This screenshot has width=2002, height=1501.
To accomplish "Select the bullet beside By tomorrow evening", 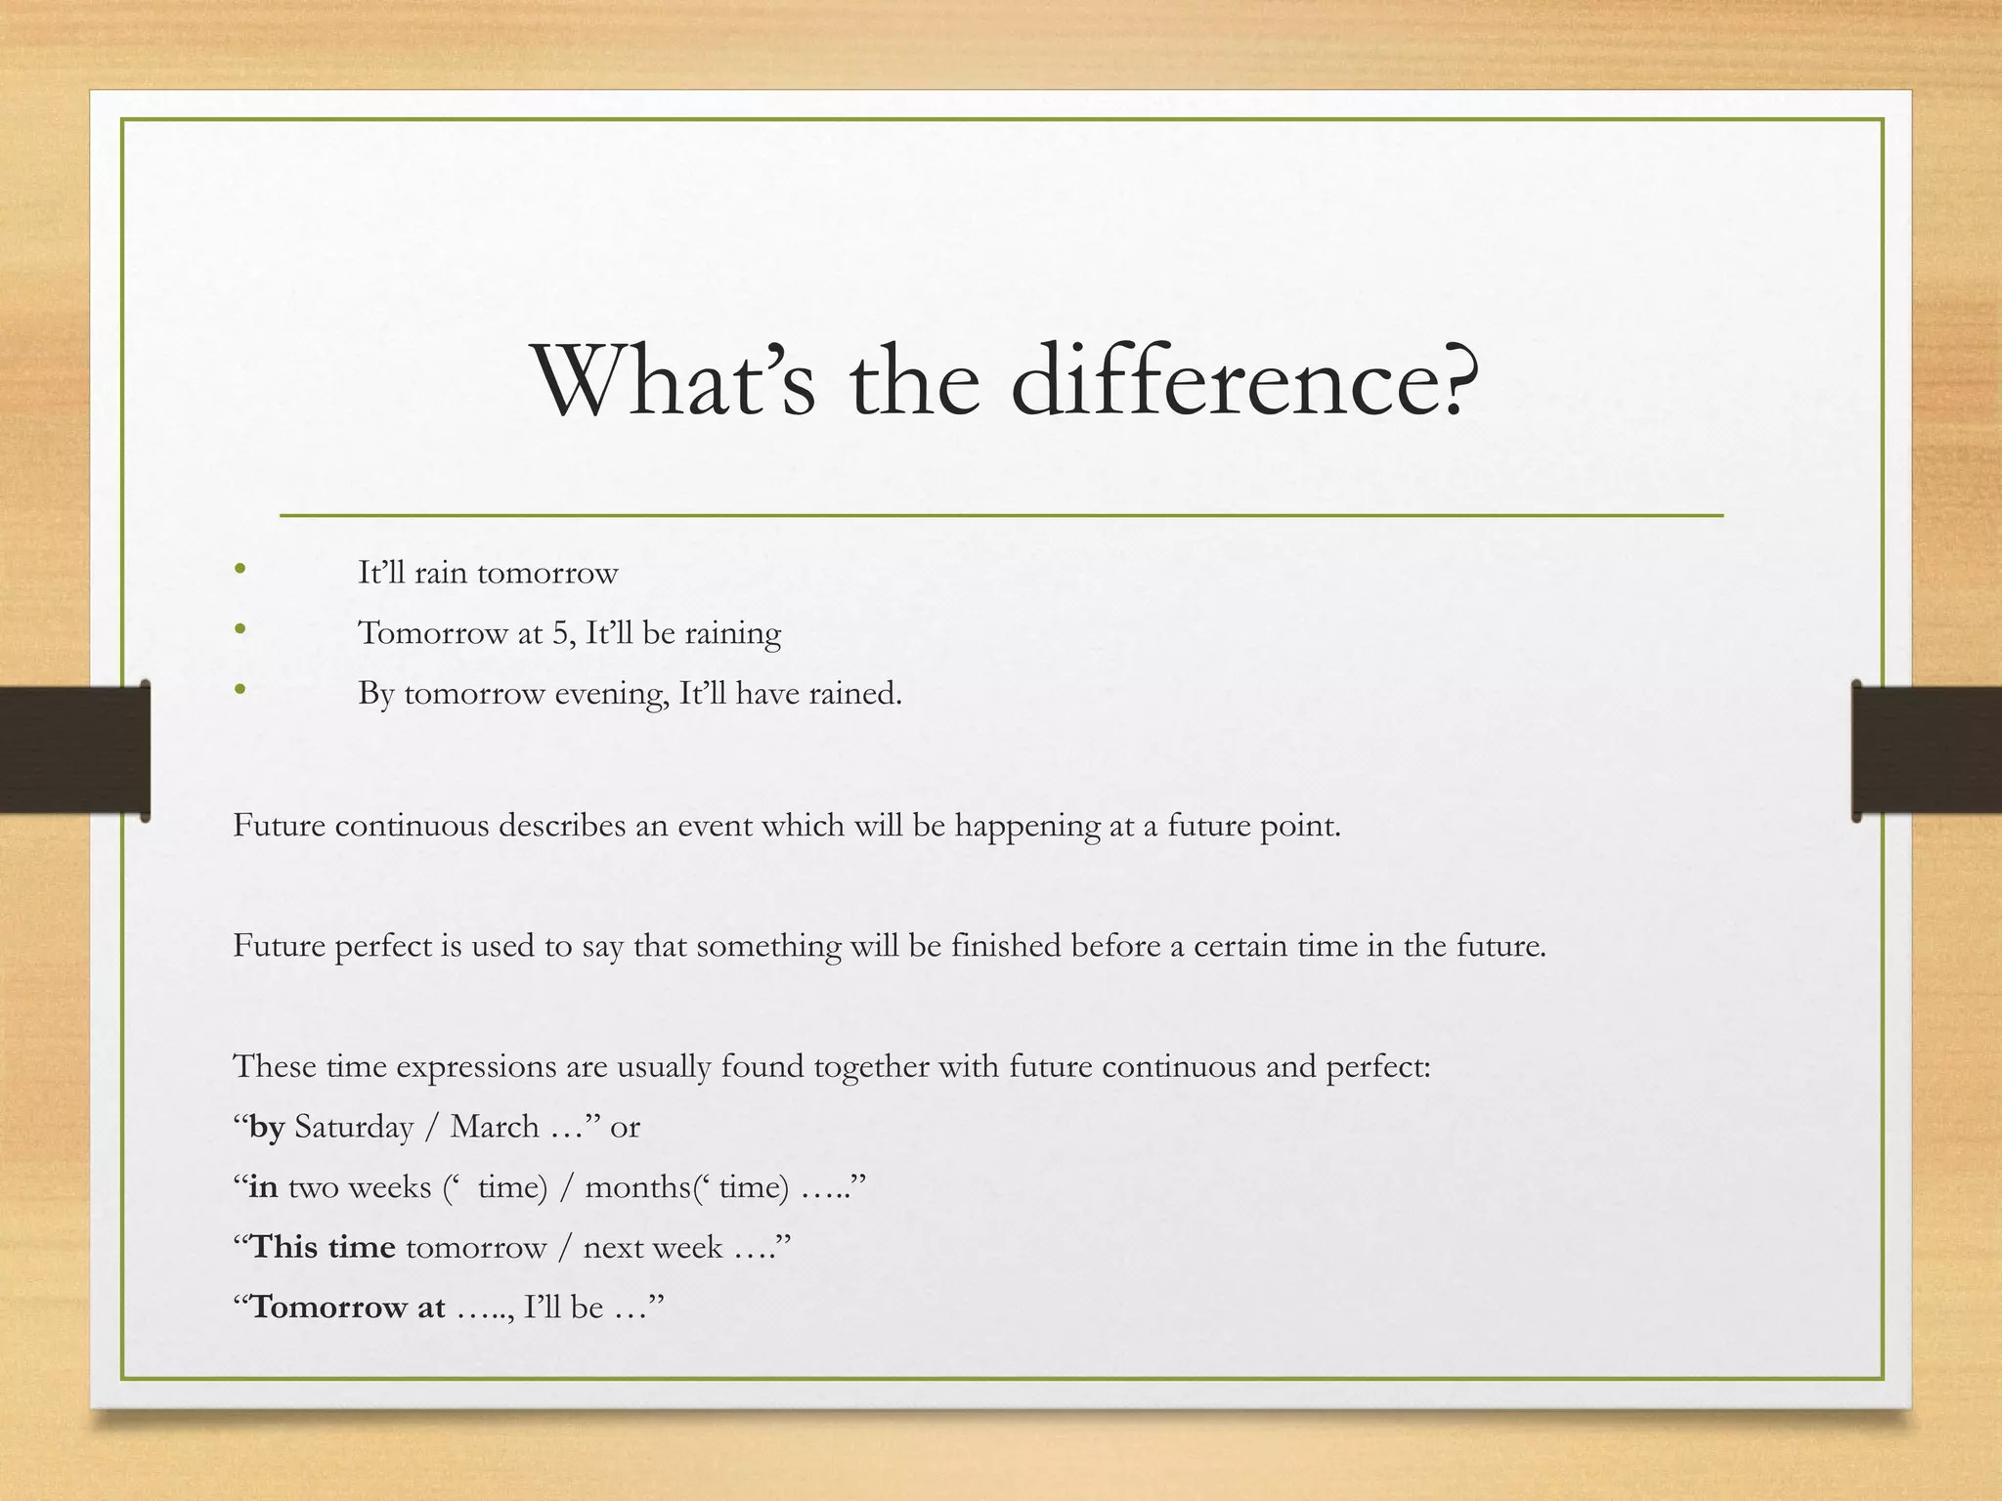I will pos(240,690).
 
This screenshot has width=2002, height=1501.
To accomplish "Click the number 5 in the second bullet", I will pos(559,633).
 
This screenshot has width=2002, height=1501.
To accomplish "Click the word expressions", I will pos(476,1067).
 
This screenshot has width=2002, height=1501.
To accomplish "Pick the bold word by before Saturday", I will pos(267,1128).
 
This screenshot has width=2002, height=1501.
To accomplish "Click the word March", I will pos(494,1127).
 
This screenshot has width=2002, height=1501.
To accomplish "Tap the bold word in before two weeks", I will pos(263,1187).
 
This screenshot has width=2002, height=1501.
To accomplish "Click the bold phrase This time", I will pos(323,1248).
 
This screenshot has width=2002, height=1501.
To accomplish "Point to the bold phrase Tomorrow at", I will pos(347,1308).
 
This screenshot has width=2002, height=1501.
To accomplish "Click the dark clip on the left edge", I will pos(73,750).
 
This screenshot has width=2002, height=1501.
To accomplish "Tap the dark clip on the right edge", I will pos(1926,750).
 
